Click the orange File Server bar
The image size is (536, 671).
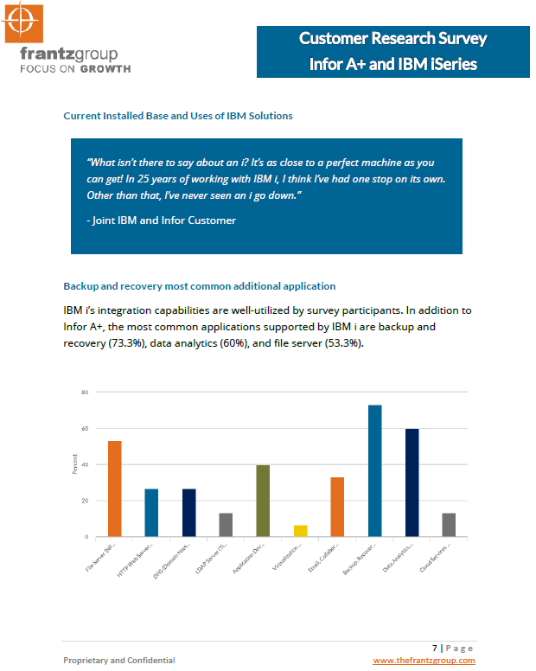point(114,489)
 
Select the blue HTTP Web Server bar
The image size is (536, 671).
point(151,513)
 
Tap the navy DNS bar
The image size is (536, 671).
point(188,513)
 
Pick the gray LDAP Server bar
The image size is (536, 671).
point(226,525)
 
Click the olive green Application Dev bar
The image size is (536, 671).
point(263,501)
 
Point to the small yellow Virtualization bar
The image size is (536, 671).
point(300,531)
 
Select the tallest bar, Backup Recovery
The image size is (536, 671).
point(374,471)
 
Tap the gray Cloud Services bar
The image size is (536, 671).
point(449,525)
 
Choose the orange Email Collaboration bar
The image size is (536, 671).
point(337,507)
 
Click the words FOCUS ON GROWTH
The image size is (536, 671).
point(75,68)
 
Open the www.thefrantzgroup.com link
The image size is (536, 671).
point(424,661)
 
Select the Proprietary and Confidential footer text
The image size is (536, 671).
point(118,661)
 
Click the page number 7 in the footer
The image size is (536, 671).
point(434,649)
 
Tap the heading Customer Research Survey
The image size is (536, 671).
point(392,39)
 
